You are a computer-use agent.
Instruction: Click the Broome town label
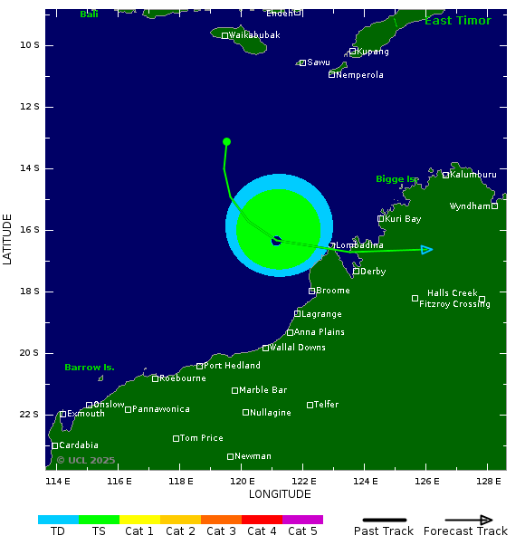[x=333, y=291]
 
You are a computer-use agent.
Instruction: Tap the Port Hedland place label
[x=233, y=366]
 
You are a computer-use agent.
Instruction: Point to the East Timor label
[x=457, y=21]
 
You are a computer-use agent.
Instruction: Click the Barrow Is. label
[x=89, y=368]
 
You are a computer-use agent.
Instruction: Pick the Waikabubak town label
[x=254, y=35]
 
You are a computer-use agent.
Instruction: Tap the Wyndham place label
[x=470, y=206]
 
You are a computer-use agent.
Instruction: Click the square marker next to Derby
[x=357, y=272]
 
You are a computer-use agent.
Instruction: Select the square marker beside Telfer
[x=310, y=405]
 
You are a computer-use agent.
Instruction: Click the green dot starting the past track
[x=226, y=141]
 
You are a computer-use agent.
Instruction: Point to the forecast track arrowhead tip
[x=432, y=250]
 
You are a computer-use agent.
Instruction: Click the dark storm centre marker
[x=276, y=241]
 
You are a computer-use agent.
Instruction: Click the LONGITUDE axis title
[x=280, y=494]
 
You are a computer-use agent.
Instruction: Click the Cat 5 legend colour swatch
[x=302, y=520]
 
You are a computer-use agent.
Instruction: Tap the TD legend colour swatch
[x=58, y=520]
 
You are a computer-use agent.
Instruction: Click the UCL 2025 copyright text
[x=86, y=461]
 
